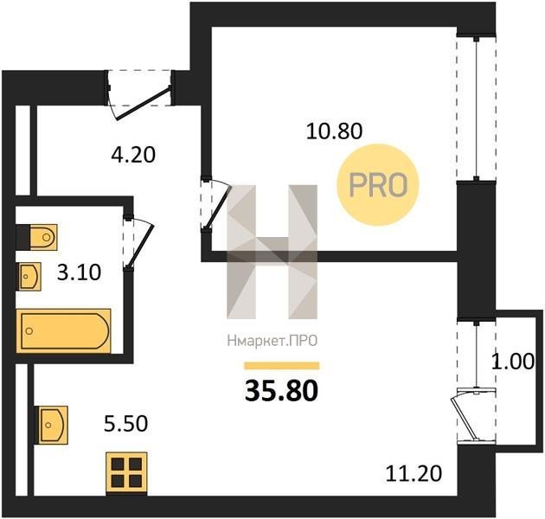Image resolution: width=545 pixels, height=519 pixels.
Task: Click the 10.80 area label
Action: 334,131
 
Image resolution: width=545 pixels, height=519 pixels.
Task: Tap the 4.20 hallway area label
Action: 133,155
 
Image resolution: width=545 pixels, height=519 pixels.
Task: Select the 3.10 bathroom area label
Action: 80,272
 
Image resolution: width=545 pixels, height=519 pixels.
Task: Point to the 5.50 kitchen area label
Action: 125,424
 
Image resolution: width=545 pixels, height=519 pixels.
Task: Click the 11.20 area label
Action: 414,473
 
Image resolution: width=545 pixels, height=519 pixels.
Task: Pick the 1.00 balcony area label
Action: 512,362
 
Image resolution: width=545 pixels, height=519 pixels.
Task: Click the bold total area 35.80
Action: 281,390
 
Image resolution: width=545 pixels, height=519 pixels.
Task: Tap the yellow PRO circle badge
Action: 378,184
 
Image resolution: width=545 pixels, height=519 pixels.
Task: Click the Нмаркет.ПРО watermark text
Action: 272,341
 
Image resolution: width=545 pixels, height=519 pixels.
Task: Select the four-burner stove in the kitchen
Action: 126,473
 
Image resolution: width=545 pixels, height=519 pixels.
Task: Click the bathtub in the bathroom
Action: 64,331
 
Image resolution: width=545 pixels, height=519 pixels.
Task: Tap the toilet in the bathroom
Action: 37,237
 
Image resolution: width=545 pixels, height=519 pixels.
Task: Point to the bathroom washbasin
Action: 29,276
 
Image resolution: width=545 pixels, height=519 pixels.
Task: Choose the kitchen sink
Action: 51,425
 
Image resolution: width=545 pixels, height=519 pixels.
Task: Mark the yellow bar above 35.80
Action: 282,365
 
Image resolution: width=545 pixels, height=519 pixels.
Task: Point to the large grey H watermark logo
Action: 272,252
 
